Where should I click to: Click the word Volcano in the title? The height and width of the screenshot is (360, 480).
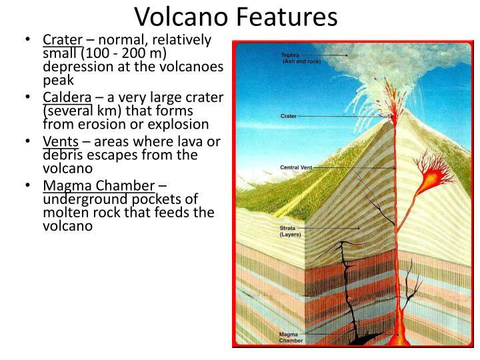point(179,17)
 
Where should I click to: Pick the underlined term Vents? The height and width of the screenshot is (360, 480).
point(61,141)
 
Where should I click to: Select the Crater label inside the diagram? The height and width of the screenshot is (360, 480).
point(289,116)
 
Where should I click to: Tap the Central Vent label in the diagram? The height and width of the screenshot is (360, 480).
point(295,167)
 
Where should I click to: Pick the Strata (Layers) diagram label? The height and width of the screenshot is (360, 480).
point(291,231)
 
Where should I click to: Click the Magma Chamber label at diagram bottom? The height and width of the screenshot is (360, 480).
point(291,337)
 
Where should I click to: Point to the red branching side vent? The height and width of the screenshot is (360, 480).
point(427,177)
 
